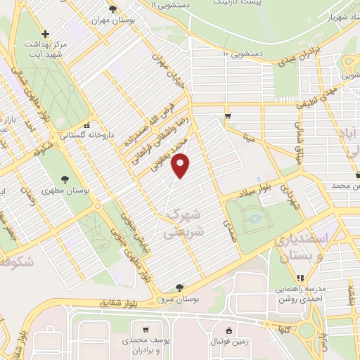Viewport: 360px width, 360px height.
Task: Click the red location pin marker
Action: pos(181,166)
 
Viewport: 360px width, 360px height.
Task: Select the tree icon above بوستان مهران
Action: pos(112,8)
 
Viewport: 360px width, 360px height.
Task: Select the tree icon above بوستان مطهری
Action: pos(65,178)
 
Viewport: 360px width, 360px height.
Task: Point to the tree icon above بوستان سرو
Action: pos(181,286)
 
